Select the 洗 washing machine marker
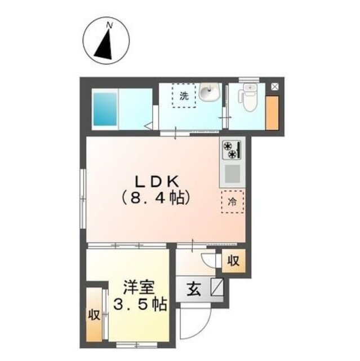(184, 95)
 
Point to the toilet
(248, 98)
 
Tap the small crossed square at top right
(275, 86)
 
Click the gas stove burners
(231, 151)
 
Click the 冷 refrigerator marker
(232, 201)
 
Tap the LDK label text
(156, 182)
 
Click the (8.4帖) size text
(156, 198)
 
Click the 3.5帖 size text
(140, 305)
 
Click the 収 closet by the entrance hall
(233, 261)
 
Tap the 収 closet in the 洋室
(94, 315)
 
